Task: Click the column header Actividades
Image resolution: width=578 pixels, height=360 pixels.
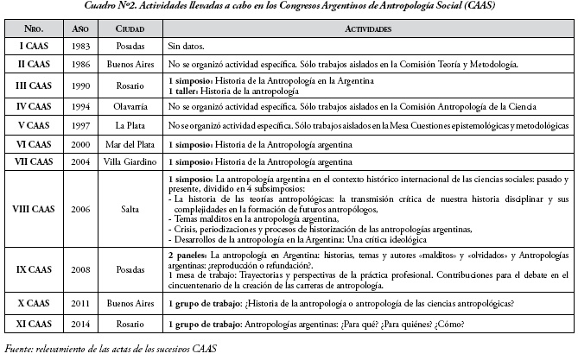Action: pyautogui.click(x=365, y=28)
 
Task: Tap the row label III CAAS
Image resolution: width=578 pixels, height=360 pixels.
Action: pyautogui.click(x=34, y=85)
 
